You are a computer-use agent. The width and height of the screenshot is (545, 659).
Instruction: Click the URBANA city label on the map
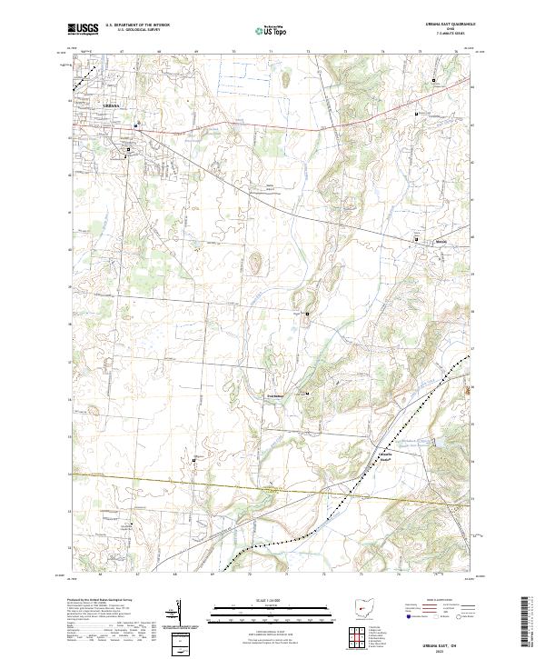click(110, 106)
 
